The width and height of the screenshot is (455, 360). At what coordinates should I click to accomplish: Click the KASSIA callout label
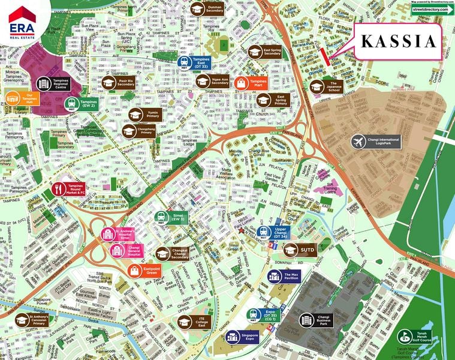(x=397, y=41)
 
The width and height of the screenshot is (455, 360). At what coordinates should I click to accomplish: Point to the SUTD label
(x=308, y=248)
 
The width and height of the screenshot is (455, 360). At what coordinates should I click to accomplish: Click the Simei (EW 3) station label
(x=178, y=218)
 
